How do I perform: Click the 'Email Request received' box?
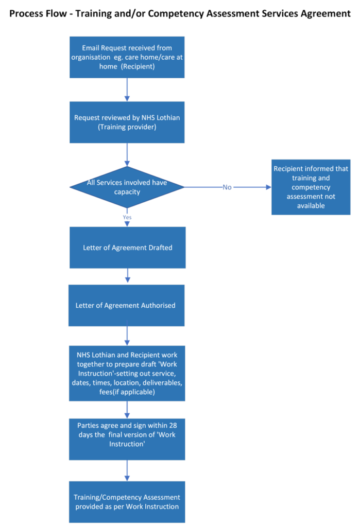pos(127,57)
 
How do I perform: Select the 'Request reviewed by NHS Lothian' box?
pos(127,122)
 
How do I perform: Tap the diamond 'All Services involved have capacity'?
pos(127,187)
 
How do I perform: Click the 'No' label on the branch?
pos(227,187)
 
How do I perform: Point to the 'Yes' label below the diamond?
pos(127,217)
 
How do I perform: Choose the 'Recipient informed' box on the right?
pos(311,187)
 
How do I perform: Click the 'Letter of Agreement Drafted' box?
pos(127,248)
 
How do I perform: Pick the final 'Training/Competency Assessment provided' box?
pos(127,502)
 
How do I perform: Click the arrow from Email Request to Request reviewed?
pos(127,89)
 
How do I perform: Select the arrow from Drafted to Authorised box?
pos(127,276)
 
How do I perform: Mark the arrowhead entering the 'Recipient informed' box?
pos(268,187)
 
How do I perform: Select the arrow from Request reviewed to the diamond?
pos(127,154)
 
